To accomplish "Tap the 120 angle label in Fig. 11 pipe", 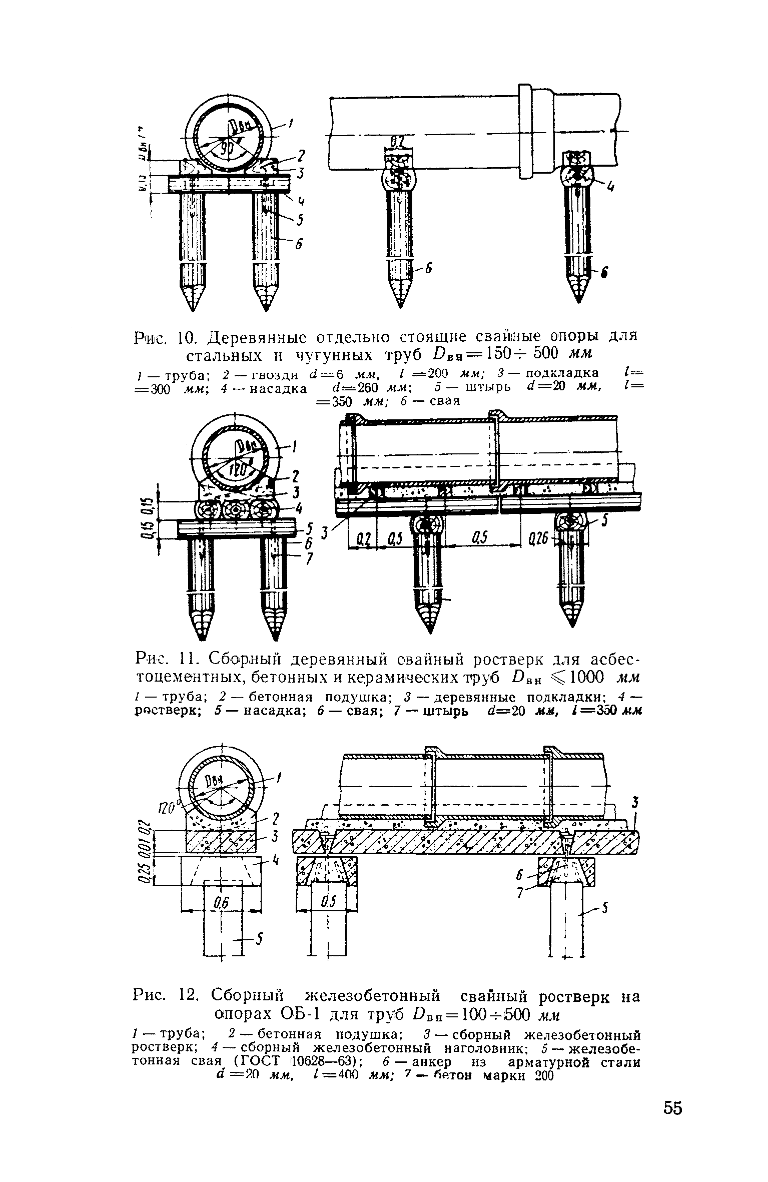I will click(x=236, y=470).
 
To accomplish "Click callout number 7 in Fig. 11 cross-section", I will click(x=309, y=558).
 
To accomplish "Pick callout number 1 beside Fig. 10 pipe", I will click(x=291, y=122).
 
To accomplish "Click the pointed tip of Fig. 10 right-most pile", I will click(x=579, y=299).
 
